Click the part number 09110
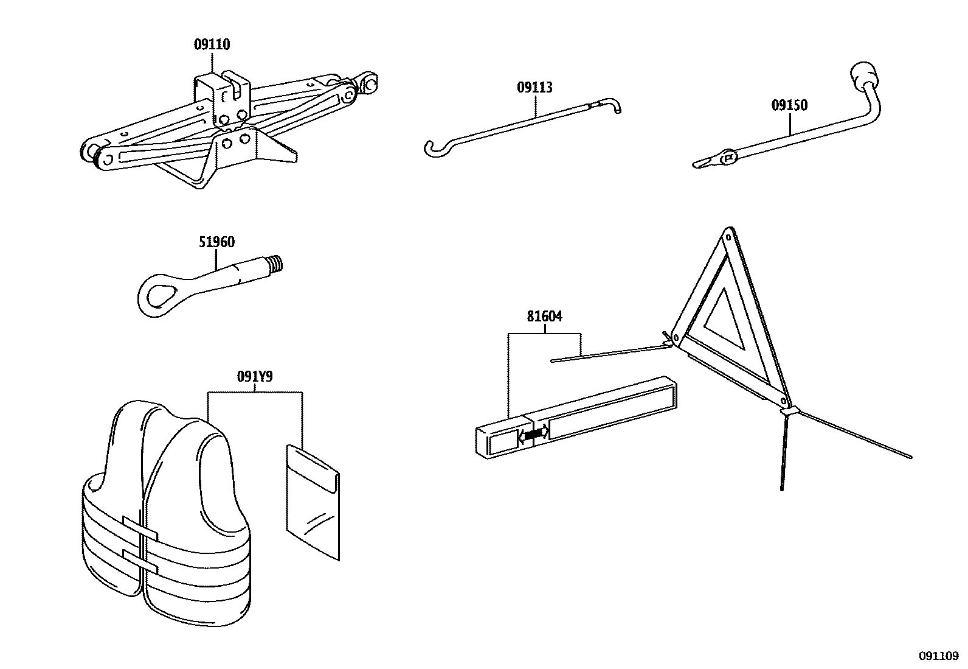point(212,44)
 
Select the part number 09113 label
point(535,88)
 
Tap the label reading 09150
point(790,105)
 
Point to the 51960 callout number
point(216,242)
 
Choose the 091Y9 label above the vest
point(255,377)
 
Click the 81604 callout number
point(545,317)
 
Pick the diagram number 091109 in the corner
point(938,656)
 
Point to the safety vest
point(164,517)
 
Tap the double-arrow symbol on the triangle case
point(533,434)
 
